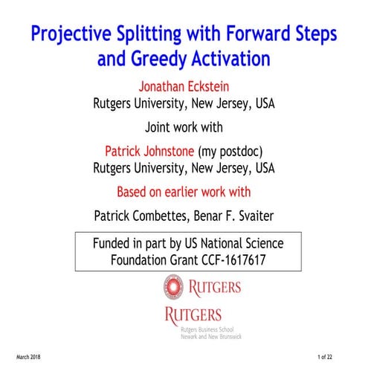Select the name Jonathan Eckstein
click(x=183, y=85)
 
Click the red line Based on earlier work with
click(x=183, y=192)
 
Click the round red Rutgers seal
click(x=173, y=285)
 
